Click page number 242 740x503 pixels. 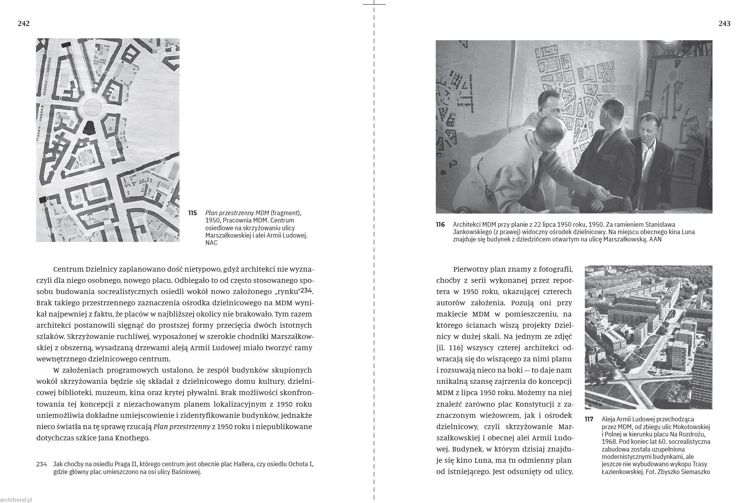(24, 24)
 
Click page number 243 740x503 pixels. (724, 24)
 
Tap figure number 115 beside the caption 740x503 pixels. (192, 213)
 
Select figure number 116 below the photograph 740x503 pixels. (440, 224)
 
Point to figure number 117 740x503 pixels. (589, 419)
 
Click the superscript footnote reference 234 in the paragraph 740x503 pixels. (306, 290)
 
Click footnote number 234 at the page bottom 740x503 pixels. (41, 464)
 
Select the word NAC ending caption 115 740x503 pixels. (211, 243)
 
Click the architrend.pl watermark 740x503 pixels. (16, 500)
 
